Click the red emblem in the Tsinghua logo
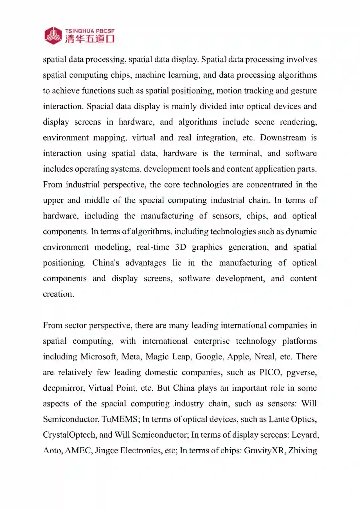pyautogui.click(x=53, y=35)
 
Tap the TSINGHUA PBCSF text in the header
pyautogui.click(x=90, y=31)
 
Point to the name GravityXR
pyautogui.click(x=264, y=451)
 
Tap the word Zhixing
pyautogui.click(x=302, y=451)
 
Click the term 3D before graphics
pyautogui.click(x=180, y=247)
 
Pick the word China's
pyautogui.click(x=106, y=263)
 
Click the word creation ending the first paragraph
pyautogui.click(x=58, y=294)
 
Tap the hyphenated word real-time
pyautogui.click(x=153, y=247)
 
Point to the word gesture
pyautogui.click(x=304, y=91)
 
